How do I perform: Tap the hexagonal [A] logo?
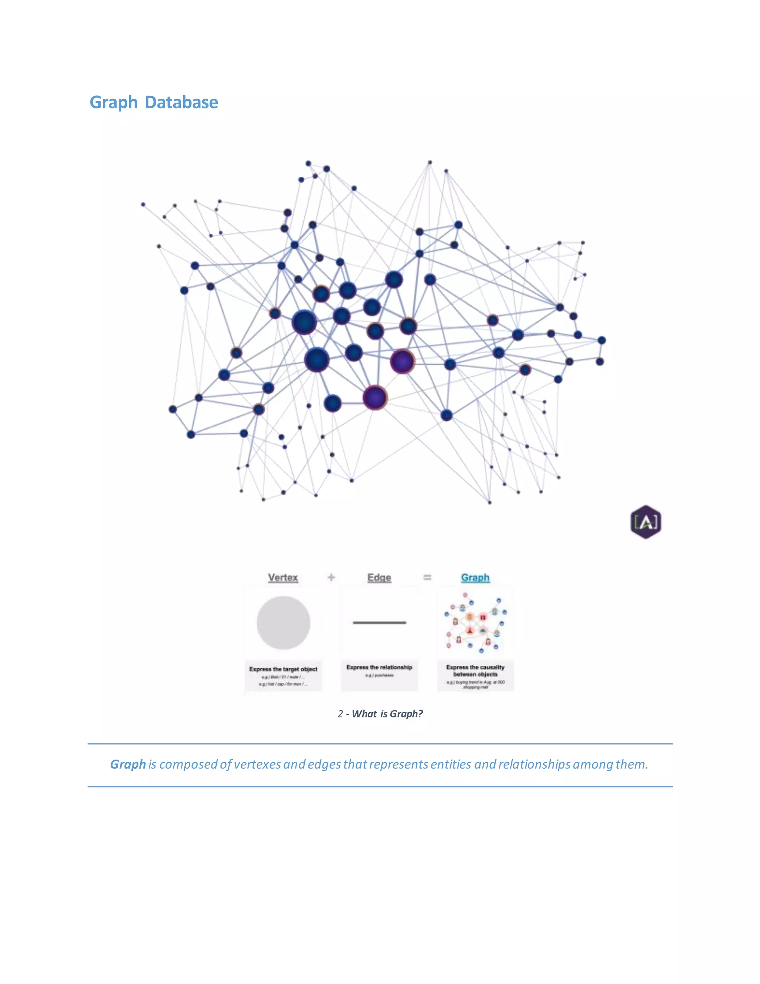tap(646, 522)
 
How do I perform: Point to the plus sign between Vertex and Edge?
tap(331, 577)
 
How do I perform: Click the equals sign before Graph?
tap(427, 577)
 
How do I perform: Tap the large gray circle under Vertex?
tap(283, 623)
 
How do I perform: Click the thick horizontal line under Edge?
tap(379, 623)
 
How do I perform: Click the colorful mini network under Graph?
tap(475, 624)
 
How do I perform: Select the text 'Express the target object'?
tap(283, 669)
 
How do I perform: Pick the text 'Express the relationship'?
tap(379, 667)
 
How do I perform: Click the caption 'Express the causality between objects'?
tap(475, 670)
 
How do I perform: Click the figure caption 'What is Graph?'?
tap(387, 714)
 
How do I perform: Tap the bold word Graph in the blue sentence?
tap(128, 764)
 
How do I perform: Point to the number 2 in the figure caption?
tap(340, 714)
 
